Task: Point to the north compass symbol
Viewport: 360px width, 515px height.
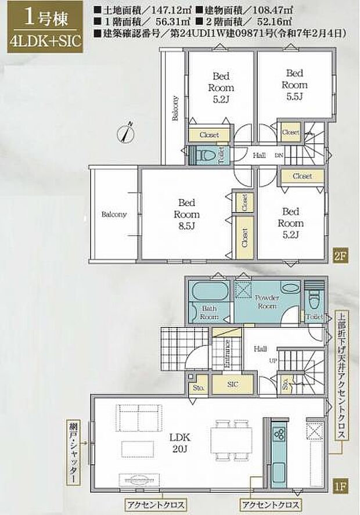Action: click(127, 132)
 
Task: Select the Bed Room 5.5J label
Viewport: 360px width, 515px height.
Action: click(294, 85)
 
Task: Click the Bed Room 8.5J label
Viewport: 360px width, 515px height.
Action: click(186, 214)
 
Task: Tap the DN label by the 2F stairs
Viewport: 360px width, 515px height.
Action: click(279, 156)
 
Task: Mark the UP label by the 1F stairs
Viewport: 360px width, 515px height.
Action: click(271, 361)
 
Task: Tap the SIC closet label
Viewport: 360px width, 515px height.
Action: click(232, 383)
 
